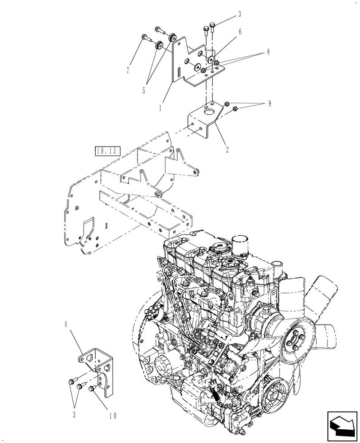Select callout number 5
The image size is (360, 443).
click(144, 91)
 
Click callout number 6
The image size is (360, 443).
click(239, 32)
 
